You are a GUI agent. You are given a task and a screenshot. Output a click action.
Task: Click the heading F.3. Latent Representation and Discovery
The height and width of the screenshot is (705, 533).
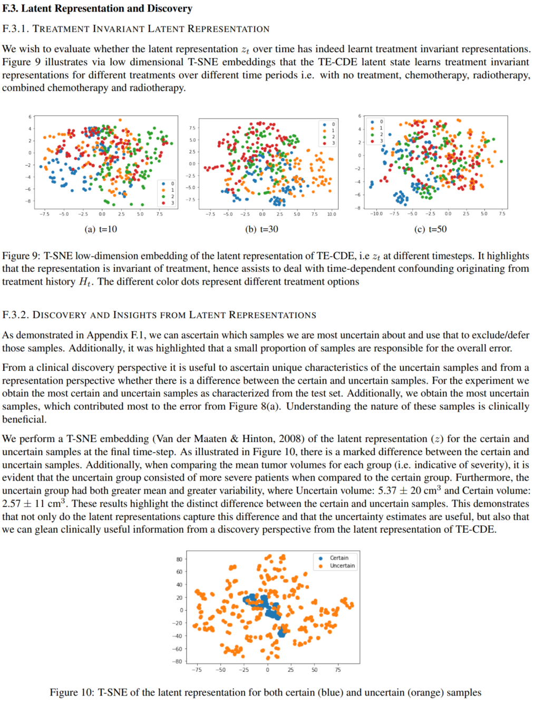tap(97, 8)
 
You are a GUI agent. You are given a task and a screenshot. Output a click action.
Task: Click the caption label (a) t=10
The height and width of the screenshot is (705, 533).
tap(101, 229)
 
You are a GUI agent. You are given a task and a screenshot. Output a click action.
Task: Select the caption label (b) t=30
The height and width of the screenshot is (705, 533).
tap(261, 229)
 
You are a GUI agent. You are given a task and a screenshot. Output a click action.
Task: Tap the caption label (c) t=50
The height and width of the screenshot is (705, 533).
tap(430, 229)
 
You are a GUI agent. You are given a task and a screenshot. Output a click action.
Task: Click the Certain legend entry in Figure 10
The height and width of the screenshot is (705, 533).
tap(338, 558)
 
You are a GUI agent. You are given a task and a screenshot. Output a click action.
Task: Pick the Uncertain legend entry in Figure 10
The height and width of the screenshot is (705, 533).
tap(342, 566)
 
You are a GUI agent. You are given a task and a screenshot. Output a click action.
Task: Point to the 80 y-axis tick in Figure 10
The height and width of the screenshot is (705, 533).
tap(179, 560)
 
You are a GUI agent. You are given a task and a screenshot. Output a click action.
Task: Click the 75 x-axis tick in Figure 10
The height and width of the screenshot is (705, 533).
tap(338, 670)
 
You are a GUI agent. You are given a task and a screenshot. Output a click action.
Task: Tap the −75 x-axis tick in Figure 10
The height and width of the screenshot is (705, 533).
tap(196, 670)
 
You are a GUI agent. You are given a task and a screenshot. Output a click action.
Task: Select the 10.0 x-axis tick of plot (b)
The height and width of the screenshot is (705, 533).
tap(331, 214)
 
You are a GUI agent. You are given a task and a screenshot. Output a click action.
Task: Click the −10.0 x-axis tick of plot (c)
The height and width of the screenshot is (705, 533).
tap(376, 214)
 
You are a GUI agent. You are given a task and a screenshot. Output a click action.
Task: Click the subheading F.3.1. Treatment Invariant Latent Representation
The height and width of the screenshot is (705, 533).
tap(135, 29)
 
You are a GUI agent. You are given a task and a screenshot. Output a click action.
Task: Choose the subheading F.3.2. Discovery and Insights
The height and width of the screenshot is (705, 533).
tap(159, 315)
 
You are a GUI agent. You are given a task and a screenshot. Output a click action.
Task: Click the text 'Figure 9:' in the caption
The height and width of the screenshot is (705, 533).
tap(21, 256)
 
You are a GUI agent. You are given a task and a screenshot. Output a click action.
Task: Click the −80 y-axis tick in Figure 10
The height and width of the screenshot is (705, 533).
tap(178, 662)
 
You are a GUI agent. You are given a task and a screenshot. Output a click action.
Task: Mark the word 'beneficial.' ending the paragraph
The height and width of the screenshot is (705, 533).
tap(24, 419)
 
